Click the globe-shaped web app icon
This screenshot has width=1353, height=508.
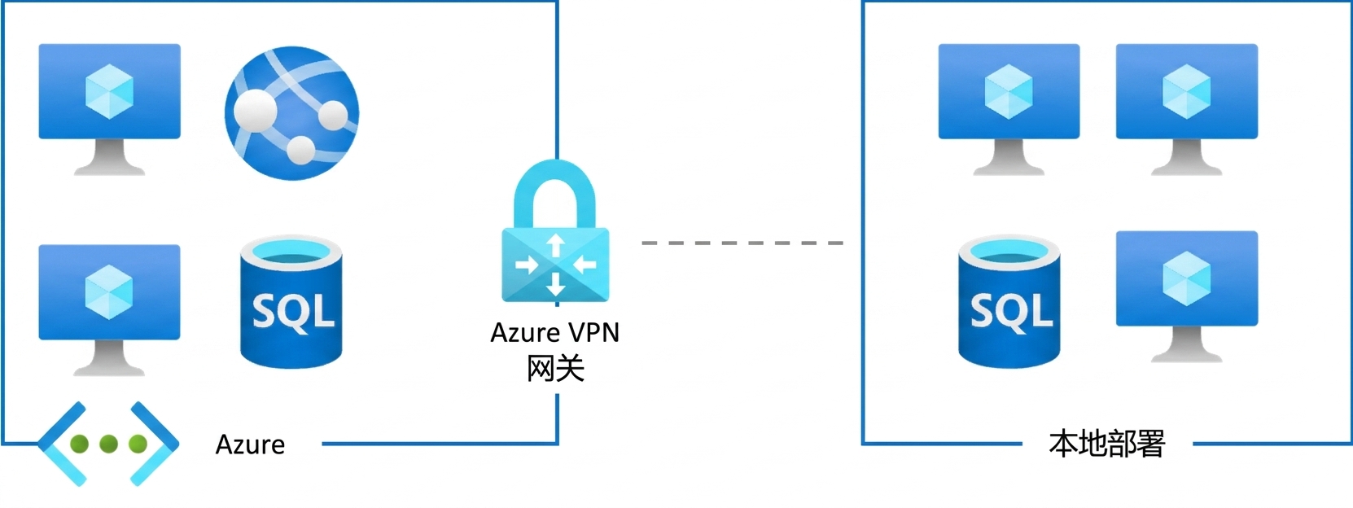pyautogui.click(x=291, y=113)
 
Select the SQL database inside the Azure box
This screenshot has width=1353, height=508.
pyautogui.click(x=291, y=302)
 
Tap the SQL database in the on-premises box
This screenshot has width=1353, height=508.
pyautogui.click(x=1009, y=302)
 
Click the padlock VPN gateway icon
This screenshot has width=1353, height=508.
pyautogui.click(x=556, y=230)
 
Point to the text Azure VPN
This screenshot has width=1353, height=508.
pyautogui.click(x=554, y=333)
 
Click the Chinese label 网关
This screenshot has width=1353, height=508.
pyautogui.click(x=555, y=369)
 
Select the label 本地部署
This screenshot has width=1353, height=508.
pyautogui.click(x=1106, y=444)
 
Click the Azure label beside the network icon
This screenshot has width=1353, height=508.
pyautogui.click(x=250, y=444)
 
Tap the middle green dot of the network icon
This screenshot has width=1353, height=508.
pyautogui.click(x=109, y=444)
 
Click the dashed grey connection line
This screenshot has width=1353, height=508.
pyautogui.click(x=742, y=243)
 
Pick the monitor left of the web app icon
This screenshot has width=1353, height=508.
pyautogui.click(x=109, y=109)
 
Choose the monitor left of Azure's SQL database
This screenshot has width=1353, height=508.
pyautogui.click(x=109, y=310)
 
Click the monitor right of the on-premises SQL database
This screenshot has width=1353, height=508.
pyautogui.click(x=1187, y=296)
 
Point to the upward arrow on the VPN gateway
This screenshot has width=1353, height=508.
pyautogui.click(x=556, y=245)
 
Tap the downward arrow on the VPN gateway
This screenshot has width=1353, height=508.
pyautogui.click(x=556, y=283)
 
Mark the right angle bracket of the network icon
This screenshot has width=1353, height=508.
pyautogui.click(x=155, y=444)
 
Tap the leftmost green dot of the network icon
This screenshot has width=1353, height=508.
pyautogui.click(x=79, y=444)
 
